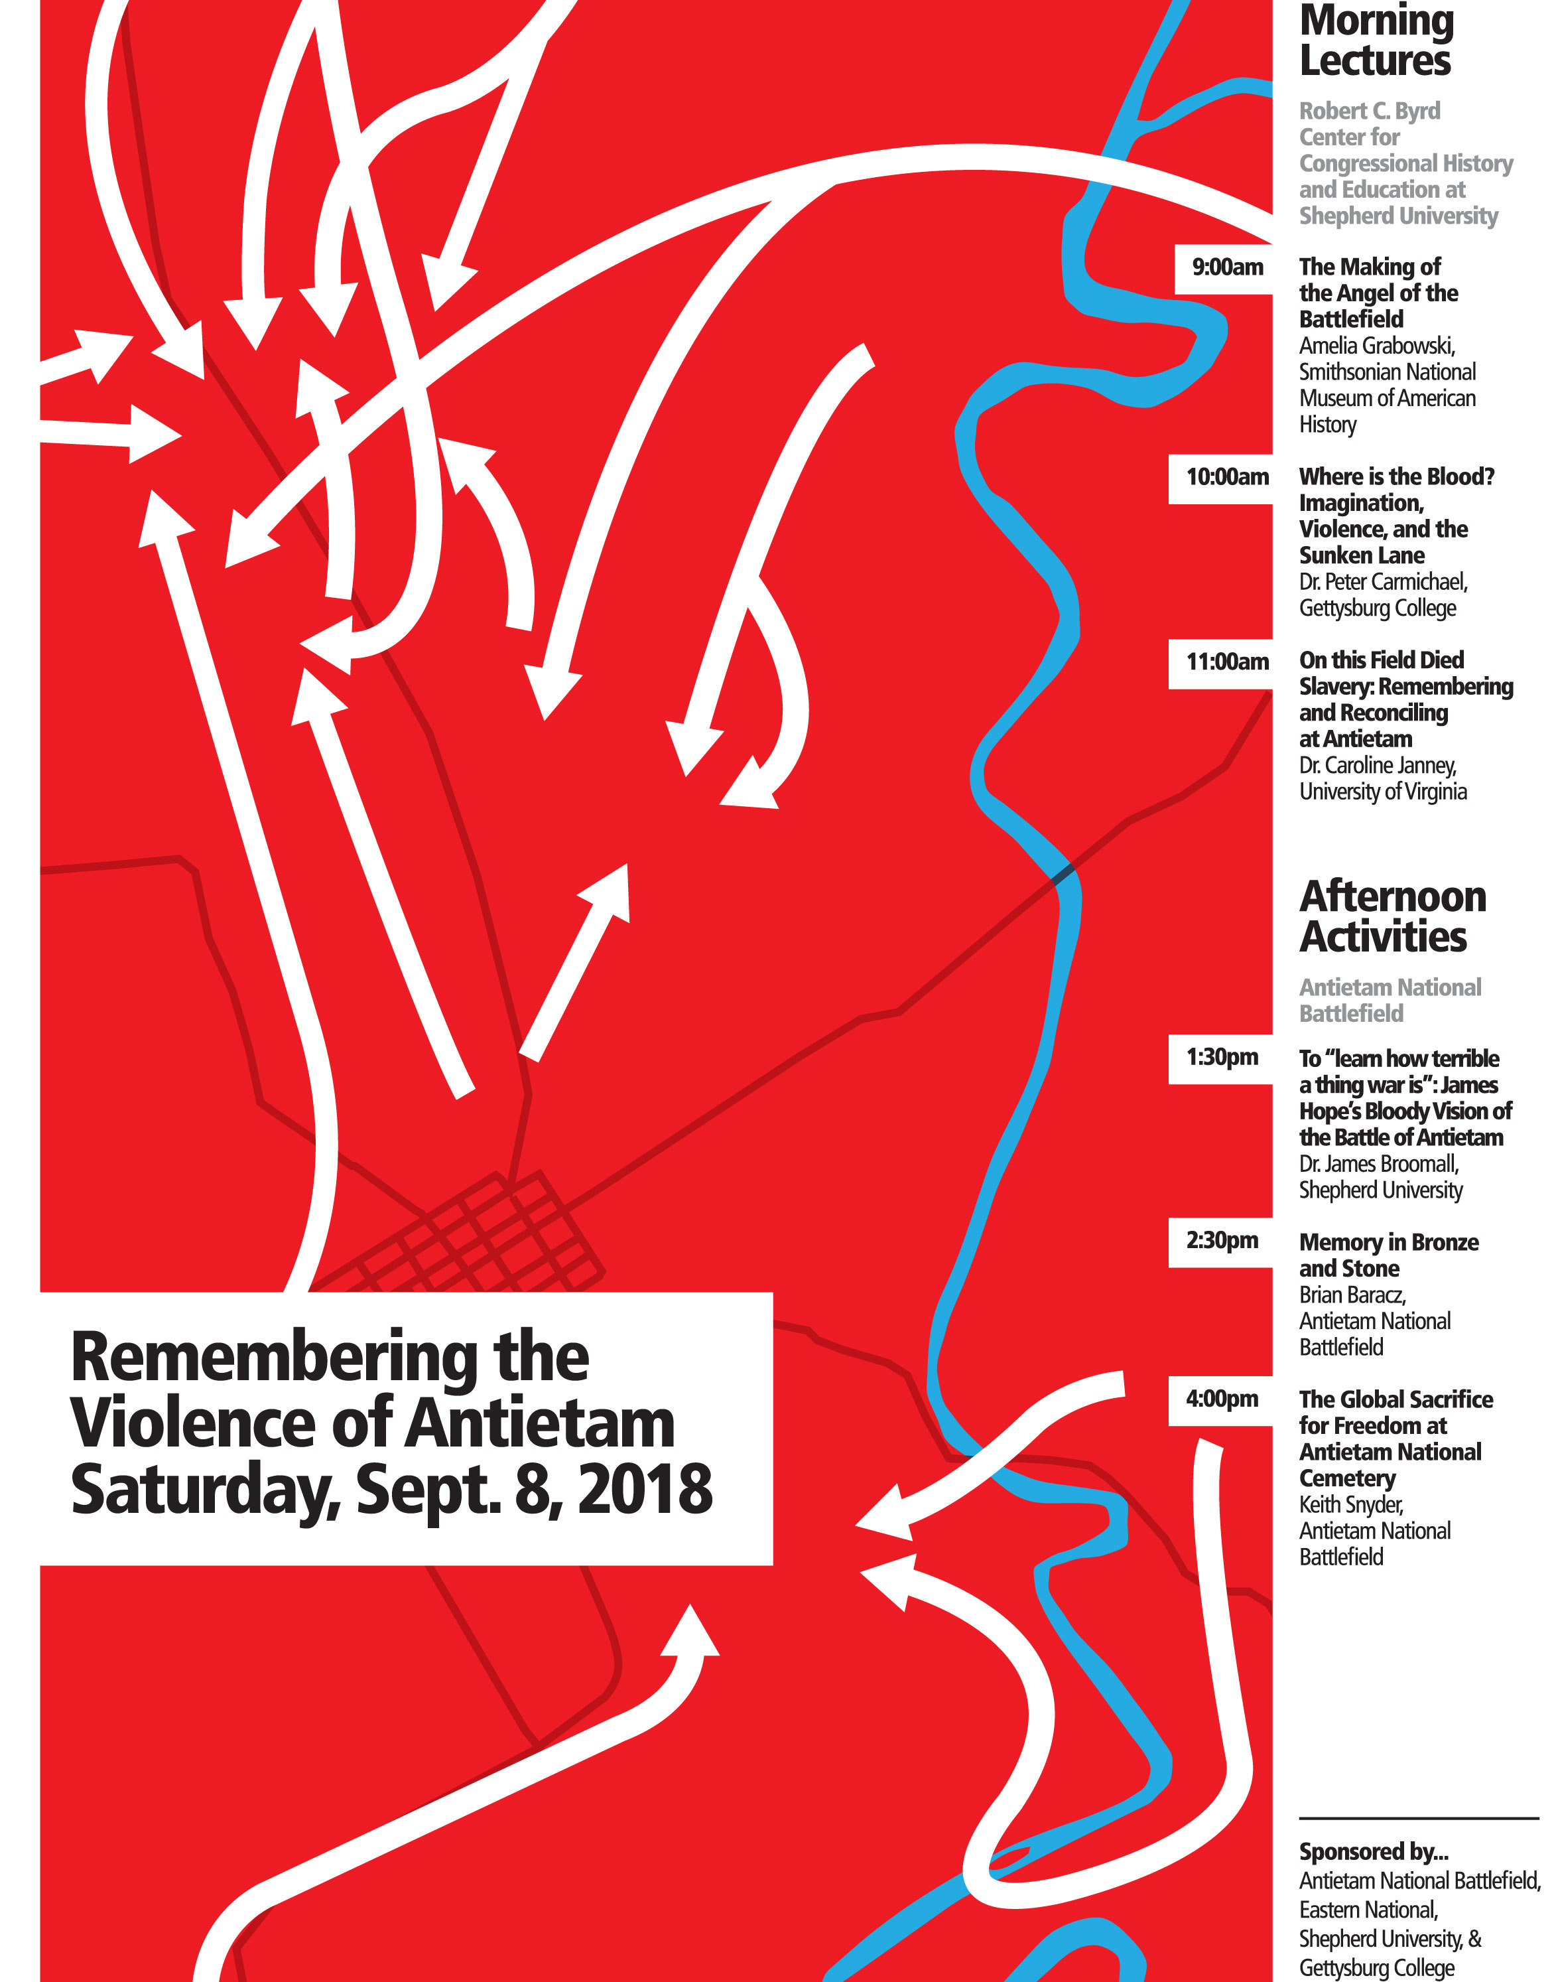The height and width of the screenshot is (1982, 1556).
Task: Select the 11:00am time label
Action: coord(1227,662)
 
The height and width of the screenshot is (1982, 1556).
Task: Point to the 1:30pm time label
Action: coord(1222,1058)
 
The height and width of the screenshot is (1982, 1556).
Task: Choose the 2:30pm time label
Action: coord(1222,1241)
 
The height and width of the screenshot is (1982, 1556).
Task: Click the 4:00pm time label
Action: coord(1222,1399)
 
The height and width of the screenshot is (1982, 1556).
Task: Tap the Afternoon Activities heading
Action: coord(1392,917)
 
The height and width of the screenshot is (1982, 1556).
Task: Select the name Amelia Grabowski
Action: coord(1376,346)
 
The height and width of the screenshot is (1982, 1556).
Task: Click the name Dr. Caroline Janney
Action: coord(1378,766)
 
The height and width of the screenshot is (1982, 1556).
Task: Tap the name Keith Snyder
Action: coord(1350,1504)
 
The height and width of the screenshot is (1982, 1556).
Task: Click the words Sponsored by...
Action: coord(1373,1852)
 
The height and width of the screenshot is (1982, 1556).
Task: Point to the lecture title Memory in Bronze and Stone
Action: coord(1388,1255)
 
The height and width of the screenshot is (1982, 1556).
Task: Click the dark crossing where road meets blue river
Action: coord(1063,875)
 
